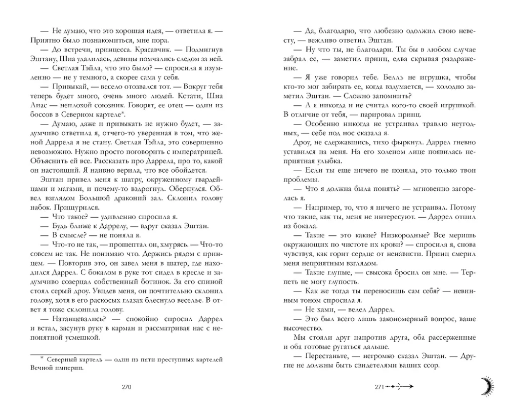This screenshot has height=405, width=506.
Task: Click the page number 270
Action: coord(126,387)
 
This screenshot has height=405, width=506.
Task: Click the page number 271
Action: coord(379,387)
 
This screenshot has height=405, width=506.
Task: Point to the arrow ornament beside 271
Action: coord(401,387)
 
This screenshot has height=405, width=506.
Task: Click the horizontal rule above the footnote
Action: coord(66,354)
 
